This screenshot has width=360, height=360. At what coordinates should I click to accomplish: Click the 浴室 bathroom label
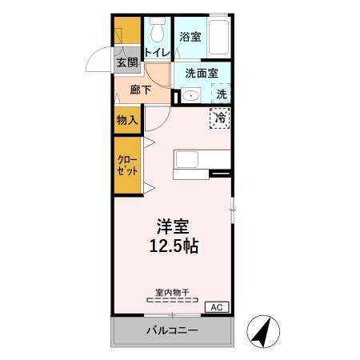(x=190, y=37)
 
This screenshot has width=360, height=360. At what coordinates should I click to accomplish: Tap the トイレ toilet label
(x=157, y=53)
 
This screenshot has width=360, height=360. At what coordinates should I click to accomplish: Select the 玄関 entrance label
(x=126, y=62)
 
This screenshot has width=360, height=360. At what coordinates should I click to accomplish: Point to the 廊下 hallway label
(x=141, y=90)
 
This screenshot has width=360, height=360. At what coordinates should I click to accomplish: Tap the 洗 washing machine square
(x=222, y=93)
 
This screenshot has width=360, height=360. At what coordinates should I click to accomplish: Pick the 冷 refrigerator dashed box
(x=220, y=118)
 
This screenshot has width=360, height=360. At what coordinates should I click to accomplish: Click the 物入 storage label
(x=127, y=120)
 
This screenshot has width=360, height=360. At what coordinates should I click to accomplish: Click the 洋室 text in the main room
(x=172, y=226)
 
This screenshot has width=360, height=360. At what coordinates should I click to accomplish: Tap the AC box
(x=217, y=306)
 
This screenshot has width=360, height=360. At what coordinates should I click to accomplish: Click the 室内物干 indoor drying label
(x=172, y=292)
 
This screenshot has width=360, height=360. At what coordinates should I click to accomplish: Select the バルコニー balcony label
(x=171, y=330)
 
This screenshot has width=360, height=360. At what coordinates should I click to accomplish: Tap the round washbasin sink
(x=189, y=95)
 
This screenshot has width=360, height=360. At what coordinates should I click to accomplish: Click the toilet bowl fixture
(x=158, y=31)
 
